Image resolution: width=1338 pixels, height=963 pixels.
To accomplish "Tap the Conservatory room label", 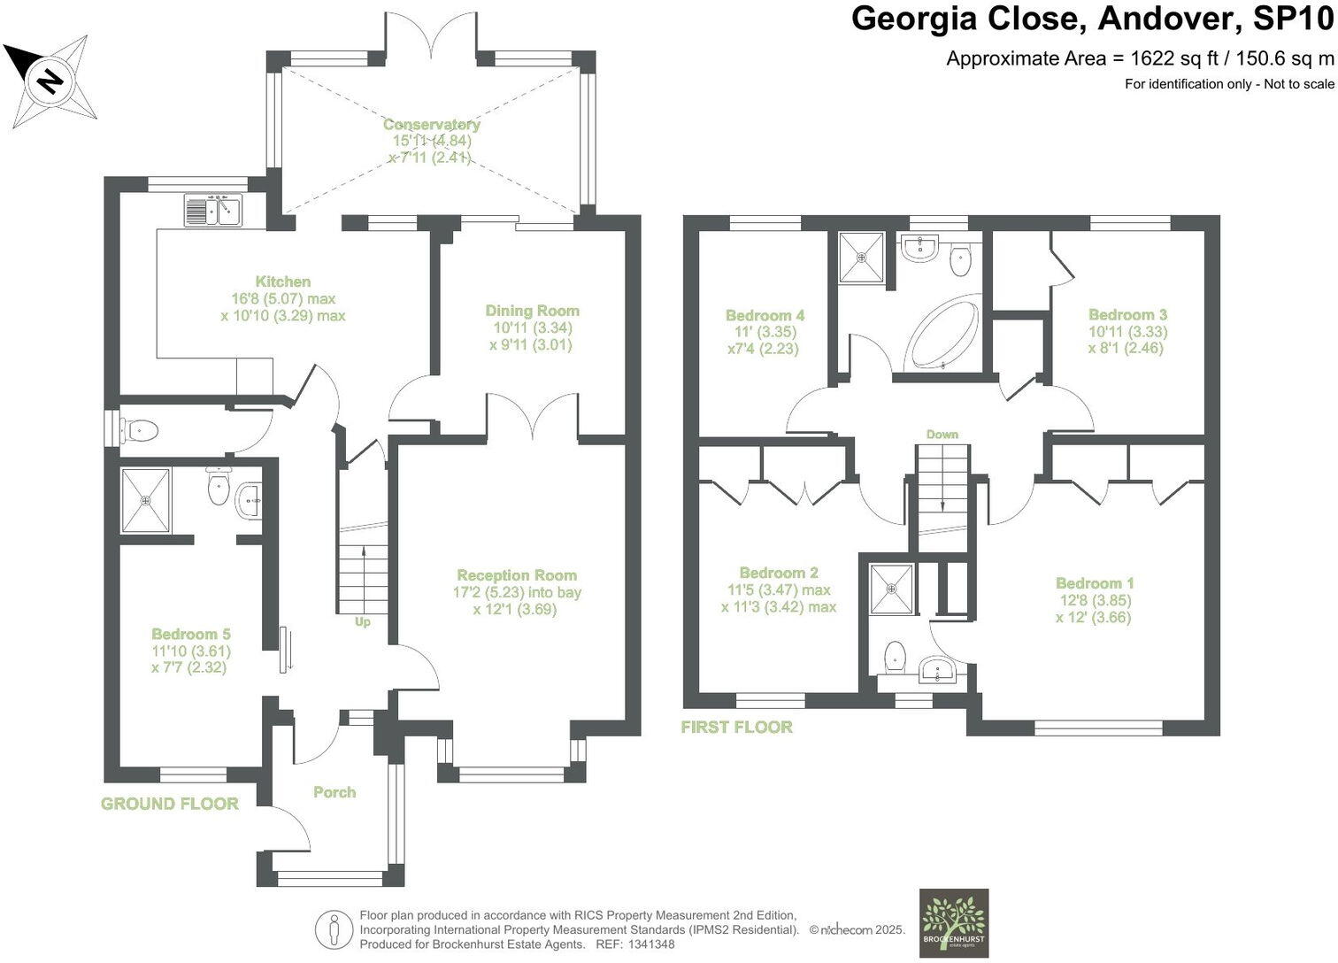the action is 431,124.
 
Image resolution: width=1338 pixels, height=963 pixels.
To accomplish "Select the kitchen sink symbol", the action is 212,211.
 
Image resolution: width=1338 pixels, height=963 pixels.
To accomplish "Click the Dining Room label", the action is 532,311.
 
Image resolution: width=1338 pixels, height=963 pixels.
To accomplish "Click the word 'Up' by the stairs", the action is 363,622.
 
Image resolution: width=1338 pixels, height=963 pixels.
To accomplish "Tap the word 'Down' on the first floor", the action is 942,435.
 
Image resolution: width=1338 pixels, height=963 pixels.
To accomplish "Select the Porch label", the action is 334,792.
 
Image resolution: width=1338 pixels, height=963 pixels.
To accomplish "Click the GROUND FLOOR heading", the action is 170,804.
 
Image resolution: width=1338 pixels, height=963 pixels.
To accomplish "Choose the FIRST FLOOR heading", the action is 737,727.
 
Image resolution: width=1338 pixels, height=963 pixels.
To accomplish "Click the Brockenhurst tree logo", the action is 953,924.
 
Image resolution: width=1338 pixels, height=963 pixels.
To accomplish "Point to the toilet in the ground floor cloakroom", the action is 139,430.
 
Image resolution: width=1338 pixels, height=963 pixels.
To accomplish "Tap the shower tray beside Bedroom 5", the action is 146,500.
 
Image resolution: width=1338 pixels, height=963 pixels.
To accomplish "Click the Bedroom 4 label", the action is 765,315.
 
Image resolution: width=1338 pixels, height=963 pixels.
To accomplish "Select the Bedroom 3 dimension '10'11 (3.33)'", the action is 1127,332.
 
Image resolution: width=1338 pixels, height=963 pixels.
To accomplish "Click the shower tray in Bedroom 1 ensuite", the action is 892,589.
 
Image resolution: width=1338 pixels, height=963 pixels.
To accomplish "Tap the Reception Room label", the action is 518,575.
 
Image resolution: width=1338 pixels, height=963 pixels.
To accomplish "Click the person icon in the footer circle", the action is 334,929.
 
